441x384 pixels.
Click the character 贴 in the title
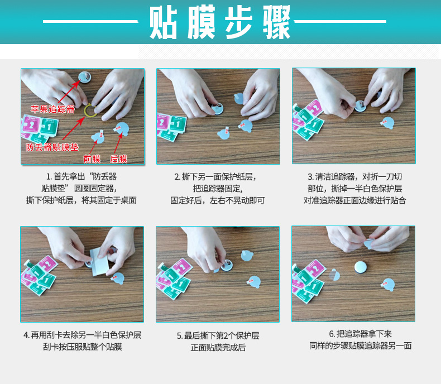pyautogui.click(x=163, y=22)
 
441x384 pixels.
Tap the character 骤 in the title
pyautogui.click(x=277, y=22)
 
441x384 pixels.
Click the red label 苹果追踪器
pyautogui.click(x=53, y=109)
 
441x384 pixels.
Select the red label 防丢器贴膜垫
pyautogui.click(x=52, y=147)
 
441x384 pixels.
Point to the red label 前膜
pyautogui.click(x=92, y=159)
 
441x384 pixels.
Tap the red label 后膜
pyautogui.click(x=118, y=159)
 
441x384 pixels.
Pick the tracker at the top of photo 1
pyautogui.click(x=84, y=76)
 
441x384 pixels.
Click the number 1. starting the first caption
pyautogui.click(x=49, y=177)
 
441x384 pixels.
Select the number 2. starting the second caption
pyautogui.click(x=177, y=177)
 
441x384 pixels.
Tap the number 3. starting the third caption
pyautogui.click(x=310, y=177)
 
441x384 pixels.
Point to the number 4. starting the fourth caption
pyautogui.click(x=26, y=335)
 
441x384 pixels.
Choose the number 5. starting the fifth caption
pyautogui.click(x=180, y=335)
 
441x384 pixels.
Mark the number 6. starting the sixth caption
pyautogui.click(x=332, y=334)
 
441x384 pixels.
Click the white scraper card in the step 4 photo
pyautogui.click(x=99, y=261)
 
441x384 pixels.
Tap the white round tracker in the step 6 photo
pyautogui.click(x=360, y=267)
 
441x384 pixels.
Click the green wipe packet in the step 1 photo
pyautogui.click(x=50, y=127)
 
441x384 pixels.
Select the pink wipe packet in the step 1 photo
pyautogui.click(x=31, y=124)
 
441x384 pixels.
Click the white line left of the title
pyautogui.click(x=90, y=21)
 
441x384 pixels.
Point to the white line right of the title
pyautogui.click(x=340, y=21)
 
